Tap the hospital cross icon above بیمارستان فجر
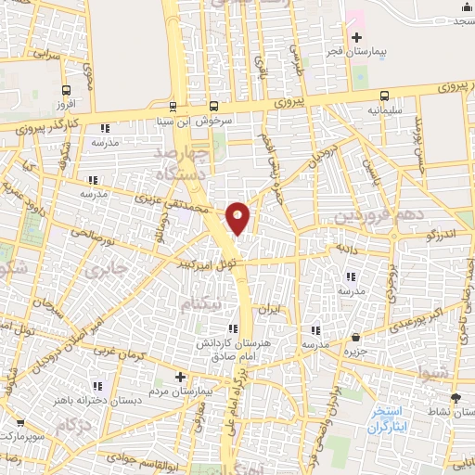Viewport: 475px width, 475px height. point(356,36)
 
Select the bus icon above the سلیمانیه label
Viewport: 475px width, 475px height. point(385,95)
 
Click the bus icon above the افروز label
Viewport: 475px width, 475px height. point(65,90)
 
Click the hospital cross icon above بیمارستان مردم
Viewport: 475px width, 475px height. point(181,377)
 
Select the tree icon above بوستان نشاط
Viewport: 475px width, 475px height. point(455,395)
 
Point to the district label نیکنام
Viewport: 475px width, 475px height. point(201,303)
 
